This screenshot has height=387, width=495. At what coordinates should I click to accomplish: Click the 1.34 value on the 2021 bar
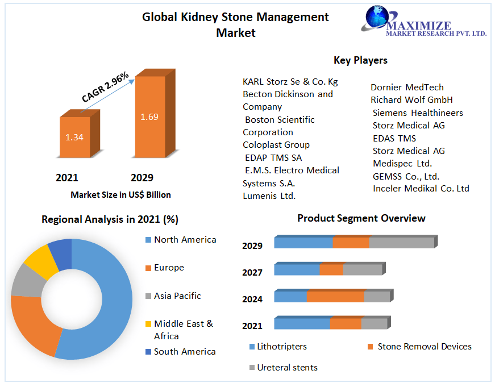[74, 137]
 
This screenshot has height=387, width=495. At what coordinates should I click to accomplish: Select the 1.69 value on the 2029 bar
[149, 117]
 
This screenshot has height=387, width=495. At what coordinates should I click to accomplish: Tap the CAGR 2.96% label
[106, 87]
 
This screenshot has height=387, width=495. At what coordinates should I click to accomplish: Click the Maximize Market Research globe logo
[377, 17]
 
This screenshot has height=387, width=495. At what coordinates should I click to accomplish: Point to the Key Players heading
[360, 60]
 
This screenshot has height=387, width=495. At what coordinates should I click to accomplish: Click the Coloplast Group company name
[276, 145]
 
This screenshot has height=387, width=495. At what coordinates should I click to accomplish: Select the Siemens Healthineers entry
[418, 113]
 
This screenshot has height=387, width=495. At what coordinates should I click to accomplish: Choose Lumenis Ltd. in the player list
[269, 196]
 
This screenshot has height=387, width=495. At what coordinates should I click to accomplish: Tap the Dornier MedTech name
[407, 87]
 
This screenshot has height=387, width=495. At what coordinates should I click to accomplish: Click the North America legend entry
[185, 240]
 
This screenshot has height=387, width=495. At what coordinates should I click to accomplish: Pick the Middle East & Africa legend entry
[183, 330]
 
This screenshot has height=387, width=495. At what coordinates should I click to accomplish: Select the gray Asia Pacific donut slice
[26, 281]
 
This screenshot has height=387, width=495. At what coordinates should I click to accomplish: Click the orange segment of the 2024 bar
[335, 297]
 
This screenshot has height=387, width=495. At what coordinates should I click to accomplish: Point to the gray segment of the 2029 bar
[402, 242]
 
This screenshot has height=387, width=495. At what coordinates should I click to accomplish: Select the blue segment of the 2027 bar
[297, 269]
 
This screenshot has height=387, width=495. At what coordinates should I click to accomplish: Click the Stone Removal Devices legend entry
[424, 346]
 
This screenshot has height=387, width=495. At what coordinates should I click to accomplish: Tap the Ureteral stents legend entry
[287, 367]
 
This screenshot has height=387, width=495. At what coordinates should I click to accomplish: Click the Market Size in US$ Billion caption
[120, 194]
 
